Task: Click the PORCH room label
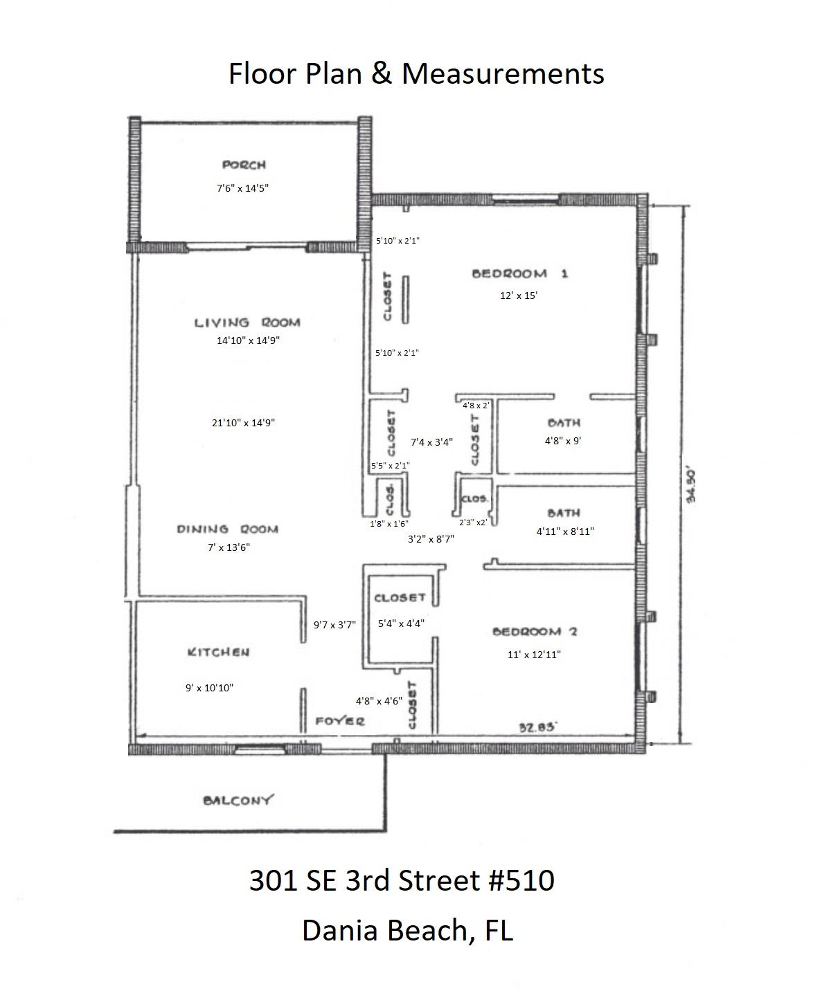244,165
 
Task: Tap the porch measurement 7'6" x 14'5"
242,188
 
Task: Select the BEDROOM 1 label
520,273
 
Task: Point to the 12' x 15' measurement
519,296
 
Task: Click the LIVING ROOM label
247,322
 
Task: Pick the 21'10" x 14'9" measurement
244,423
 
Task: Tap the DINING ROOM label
228,529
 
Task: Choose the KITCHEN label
218,652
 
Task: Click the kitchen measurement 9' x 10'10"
209,688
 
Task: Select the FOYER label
340,721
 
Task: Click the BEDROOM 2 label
535,631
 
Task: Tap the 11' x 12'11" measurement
534,654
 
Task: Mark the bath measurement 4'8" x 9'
562,441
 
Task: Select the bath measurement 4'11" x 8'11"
565,531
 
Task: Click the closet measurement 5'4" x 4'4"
401,623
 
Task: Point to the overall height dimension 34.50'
690,489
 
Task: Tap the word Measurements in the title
503,73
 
